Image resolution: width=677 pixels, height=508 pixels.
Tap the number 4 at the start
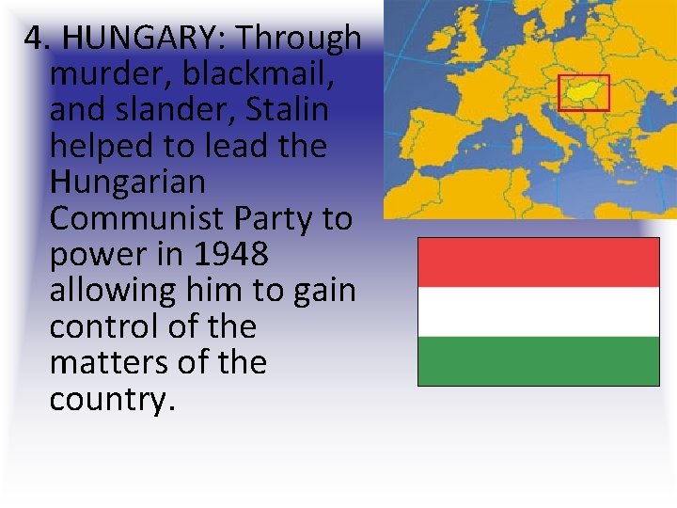tap(33, 38)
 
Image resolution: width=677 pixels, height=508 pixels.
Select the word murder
tap(104, 73)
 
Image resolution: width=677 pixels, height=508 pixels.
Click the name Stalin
tap(287, 110)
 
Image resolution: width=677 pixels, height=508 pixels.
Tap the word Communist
tap(134, 218)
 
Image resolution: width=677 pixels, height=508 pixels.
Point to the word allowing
tap(123, 291)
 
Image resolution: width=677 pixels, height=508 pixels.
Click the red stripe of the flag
tap(538, 262)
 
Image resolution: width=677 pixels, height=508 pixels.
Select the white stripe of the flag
tap(538, 311)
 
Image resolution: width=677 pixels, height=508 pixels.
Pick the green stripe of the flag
tap(538, 360)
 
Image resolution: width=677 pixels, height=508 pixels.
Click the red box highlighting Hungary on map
tap(584, 92)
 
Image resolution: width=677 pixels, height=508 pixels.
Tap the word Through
tap(298, 38)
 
